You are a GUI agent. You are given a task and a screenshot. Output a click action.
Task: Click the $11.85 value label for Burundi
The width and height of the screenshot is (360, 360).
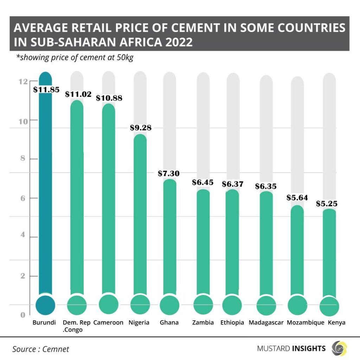46,89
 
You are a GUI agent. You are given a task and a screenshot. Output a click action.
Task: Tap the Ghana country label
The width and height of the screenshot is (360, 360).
169,322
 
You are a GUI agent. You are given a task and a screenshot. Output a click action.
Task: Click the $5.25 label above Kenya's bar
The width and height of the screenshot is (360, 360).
331,204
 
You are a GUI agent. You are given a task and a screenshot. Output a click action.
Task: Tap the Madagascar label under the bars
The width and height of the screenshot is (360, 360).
266,322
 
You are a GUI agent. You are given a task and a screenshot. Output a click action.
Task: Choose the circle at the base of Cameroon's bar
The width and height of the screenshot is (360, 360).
109,304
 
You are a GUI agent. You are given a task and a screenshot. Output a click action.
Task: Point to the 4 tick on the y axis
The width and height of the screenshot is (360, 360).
23,234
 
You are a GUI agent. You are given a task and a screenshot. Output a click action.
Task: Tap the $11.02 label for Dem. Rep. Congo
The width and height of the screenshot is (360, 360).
78,94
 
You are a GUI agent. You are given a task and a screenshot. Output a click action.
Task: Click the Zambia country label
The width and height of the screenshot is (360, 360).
203,322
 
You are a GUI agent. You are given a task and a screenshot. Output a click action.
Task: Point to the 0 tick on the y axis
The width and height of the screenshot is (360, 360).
23,315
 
